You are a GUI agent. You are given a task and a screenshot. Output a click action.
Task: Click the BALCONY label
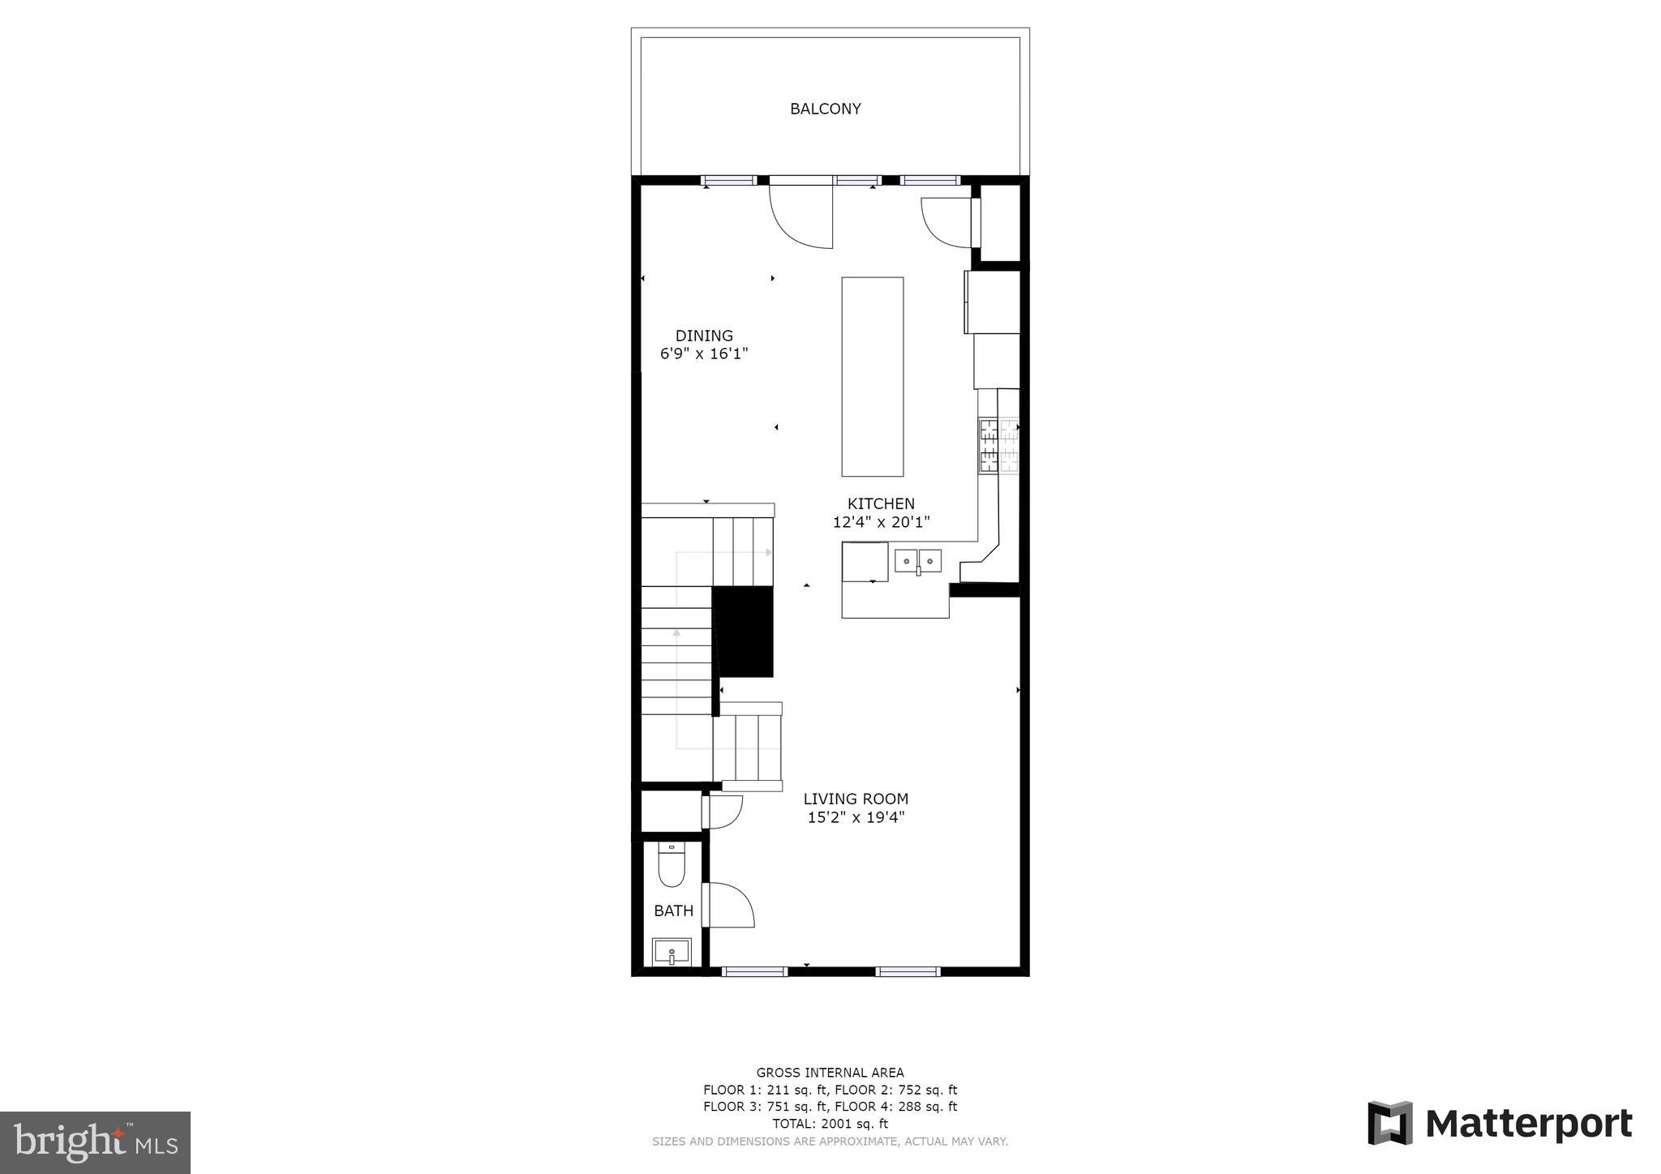point(825,109)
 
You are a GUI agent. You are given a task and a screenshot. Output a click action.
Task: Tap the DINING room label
point(704,336)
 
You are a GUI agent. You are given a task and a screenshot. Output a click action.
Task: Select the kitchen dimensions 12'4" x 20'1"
point(881,522)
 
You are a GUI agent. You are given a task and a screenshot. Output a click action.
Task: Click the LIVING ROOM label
point(856,799)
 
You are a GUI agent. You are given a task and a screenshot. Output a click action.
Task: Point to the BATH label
point(673,910)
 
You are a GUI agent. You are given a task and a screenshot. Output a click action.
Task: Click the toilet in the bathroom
point(672,864)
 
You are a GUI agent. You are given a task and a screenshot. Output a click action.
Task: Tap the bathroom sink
point(672,951)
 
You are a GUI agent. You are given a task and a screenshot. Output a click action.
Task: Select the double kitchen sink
point(918,561)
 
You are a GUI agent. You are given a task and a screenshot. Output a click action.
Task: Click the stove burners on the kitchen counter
point(998,445)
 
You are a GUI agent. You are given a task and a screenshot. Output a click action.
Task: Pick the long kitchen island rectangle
point(872,376)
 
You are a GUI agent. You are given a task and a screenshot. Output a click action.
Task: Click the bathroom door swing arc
point(732,905)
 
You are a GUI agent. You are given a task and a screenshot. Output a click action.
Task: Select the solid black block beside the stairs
point(743,632)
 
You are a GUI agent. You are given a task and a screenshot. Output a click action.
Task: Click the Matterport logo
point(1500,1124)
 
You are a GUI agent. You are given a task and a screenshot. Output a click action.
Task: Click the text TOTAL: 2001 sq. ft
point(830,1124)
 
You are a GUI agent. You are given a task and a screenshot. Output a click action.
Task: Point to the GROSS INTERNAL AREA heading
point(830,1073)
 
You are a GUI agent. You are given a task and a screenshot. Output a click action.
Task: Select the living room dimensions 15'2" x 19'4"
point(856,817)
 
